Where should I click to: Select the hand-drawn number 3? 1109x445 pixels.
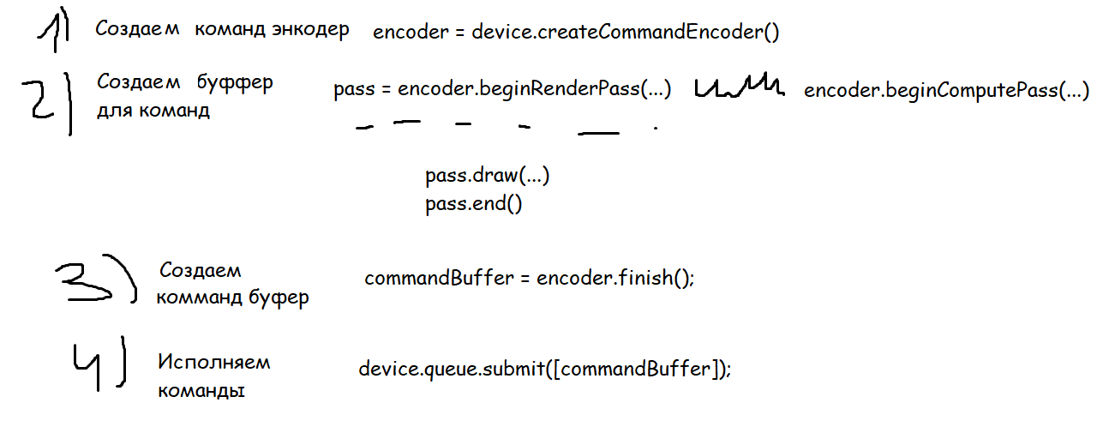(86, 280)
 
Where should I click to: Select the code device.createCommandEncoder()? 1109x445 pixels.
(626, 33)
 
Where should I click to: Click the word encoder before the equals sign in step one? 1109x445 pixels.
(411, 33)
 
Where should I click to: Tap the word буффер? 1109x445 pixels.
(235, 83)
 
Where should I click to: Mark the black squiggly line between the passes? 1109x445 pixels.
(739, 86)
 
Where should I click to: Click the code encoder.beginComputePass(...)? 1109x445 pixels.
(946, 91)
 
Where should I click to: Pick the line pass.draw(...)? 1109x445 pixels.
(487, 177)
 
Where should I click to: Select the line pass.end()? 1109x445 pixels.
(473, 205)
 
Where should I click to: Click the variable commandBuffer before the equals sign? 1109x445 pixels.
(438, 279)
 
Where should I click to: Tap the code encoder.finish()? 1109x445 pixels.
(614, 279)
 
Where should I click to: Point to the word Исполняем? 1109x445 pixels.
(213, 362)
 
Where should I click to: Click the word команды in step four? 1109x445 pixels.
(201, 390)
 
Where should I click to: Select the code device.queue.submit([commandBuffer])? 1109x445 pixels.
(547, 370)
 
